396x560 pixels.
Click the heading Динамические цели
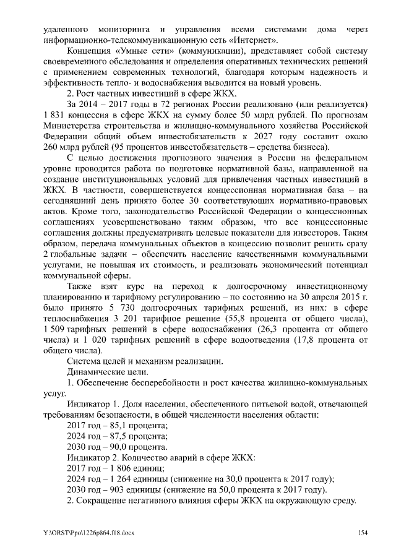click(103, 371)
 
